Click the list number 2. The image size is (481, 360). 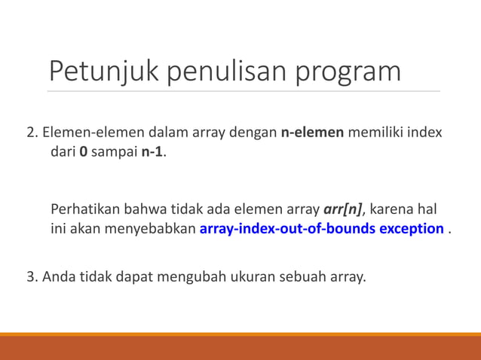point(31,133)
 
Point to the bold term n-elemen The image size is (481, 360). point(312,133)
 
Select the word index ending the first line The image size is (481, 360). point(425,133)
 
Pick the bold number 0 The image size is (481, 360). point(84,152)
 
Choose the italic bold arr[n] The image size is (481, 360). point(342,209)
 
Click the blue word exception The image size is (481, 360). point(407,228)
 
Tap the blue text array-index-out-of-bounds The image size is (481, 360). point(283,228)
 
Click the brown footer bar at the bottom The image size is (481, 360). point(240,348)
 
